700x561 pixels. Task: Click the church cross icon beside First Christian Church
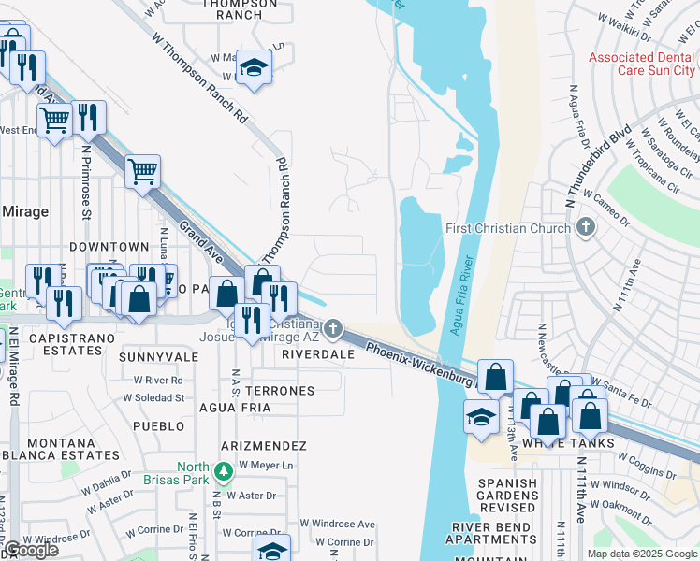(586, 227)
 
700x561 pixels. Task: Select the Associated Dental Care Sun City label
(641, 64)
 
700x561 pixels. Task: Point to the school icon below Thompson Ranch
(254, 68)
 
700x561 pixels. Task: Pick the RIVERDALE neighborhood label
(319, 355)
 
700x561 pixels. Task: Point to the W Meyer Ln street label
(266, 465)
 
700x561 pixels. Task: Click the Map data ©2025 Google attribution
(641, 554)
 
